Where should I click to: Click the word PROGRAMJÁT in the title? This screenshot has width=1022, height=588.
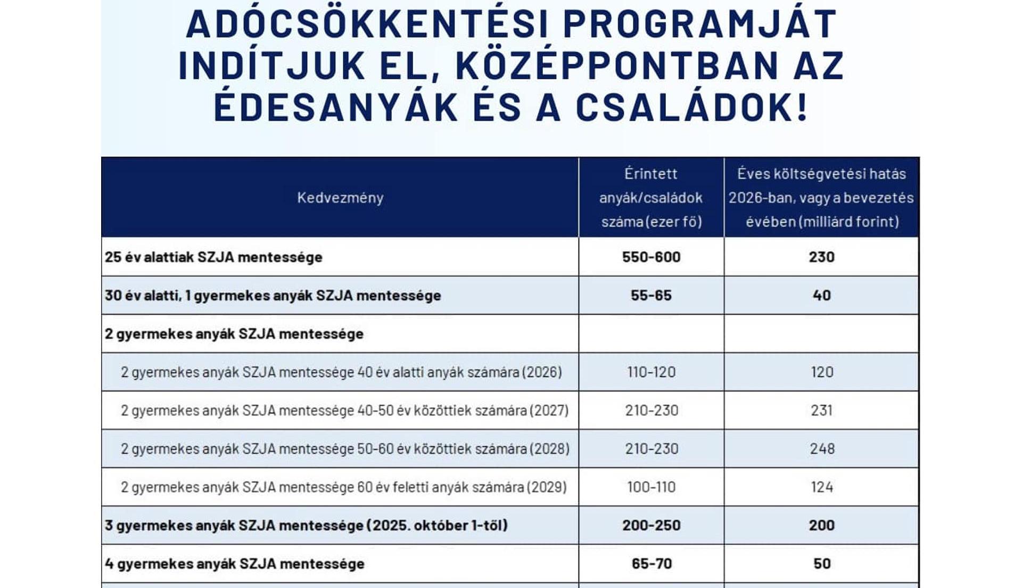[700, 24]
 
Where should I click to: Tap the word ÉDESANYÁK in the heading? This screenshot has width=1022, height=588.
[336, 107]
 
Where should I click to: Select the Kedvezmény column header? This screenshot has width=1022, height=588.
[340, 198]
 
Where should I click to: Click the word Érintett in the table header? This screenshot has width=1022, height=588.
[650, 174]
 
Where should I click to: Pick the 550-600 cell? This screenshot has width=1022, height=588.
[651, 257]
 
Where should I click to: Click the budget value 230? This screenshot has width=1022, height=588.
[821, 257]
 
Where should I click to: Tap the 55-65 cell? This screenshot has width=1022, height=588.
[651, 295]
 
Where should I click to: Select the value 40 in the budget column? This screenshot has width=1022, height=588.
[821, 295]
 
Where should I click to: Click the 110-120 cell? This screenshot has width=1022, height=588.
[651, 372]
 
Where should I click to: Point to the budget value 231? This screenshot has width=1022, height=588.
[821, 410]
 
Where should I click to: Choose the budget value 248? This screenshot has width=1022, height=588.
[822, 448]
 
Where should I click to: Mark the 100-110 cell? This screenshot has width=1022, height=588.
[651, 487]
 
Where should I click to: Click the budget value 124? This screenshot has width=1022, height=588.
[821, 487]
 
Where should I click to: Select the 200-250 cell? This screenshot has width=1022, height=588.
[651, 525]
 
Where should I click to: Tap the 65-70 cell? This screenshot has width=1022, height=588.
[652, 563]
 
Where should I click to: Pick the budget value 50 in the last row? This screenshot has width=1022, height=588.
[822, 563]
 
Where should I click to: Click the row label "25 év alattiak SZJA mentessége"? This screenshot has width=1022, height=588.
[213, 257]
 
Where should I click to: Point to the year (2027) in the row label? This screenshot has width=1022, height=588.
[550, 410]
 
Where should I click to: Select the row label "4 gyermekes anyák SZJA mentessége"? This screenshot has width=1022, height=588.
[234, 563]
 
